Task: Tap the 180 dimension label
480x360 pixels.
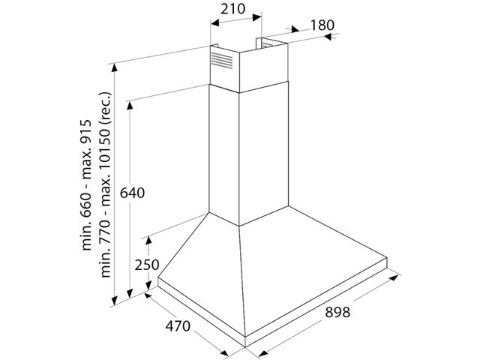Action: tap(321, 25)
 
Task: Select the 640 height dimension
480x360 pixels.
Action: tap(131, 193)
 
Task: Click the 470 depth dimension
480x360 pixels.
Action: tap(178, 328)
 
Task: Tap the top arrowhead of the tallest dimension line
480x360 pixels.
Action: tap(115, 65)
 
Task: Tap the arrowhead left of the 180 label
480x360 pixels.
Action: tap(292, 29)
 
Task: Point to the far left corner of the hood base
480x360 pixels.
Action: tap(158, 283)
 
